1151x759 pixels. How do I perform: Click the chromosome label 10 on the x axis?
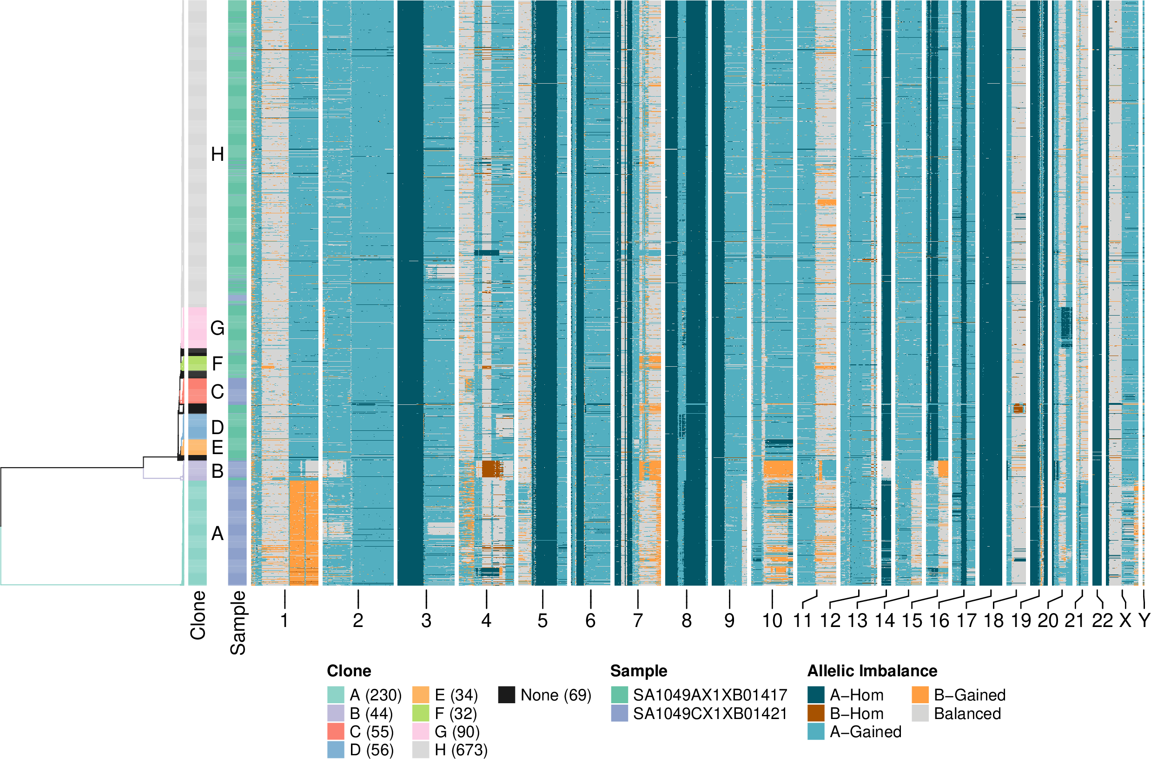click(x=772, y=620)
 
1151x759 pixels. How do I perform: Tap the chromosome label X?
click(x=1125, y=620)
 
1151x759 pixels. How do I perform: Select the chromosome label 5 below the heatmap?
click(x=542, y=620)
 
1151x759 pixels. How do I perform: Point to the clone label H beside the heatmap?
click(x=218, y=154)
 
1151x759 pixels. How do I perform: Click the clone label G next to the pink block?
click(x=218, y=328)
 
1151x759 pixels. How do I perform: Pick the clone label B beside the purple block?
click(x=218, y=470)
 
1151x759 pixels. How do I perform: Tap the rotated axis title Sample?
click(x=237, y=622)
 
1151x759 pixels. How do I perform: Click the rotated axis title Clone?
click(x=198, y=615)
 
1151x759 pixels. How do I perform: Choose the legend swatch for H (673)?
click(x=421, y=750)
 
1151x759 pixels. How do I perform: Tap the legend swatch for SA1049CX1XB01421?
click(x=619, y=713)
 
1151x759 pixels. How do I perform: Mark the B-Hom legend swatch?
click(x=815, y=713)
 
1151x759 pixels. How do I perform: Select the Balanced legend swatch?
click(x=920, y=713)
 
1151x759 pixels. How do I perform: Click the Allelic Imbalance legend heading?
click(x=872, y=670)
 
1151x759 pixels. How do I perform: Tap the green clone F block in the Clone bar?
click(x=197, y=363)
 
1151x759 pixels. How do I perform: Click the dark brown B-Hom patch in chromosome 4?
click(x=491, y=469)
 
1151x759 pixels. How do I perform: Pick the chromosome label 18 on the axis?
click(x=994, y=620)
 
